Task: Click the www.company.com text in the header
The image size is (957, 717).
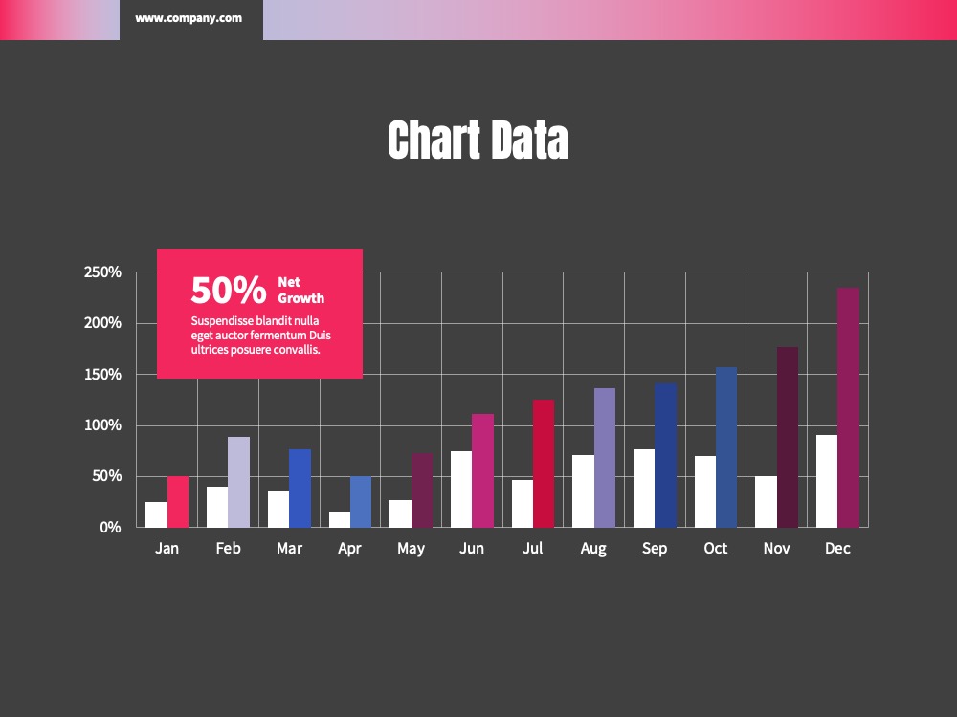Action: [189, 18]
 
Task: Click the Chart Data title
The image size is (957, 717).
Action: [478, 141]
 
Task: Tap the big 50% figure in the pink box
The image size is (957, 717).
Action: [229, 290]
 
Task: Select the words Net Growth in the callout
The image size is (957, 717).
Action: [300, 291]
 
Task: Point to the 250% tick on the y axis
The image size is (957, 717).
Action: [102, 272]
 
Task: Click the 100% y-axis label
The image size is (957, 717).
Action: [102, 425]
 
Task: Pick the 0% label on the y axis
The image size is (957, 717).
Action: [110, 528]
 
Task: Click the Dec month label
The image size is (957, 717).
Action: [837, 548]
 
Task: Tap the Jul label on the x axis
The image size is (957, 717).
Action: [532, 548]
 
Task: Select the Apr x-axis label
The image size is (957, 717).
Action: [349, 549]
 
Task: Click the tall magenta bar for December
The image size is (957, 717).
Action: [848, 407]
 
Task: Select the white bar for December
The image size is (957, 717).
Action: [827, 481]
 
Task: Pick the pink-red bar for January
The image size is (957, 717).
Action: [178, 502]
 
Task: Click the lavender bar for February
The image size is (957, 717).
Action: [238, 482]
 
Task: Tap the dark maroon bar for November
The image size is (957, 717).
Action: [788, 437]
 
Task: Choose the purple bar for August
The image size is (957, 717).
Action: [605, 458]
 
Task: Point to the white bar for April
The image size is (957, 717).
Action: [340, 519]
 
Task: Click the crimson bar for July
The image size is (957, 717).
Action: [544, 464]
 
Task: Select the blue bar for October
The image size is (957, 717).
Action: [726, 447]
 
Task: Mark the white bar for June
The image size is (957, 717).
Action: [461, 489]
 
